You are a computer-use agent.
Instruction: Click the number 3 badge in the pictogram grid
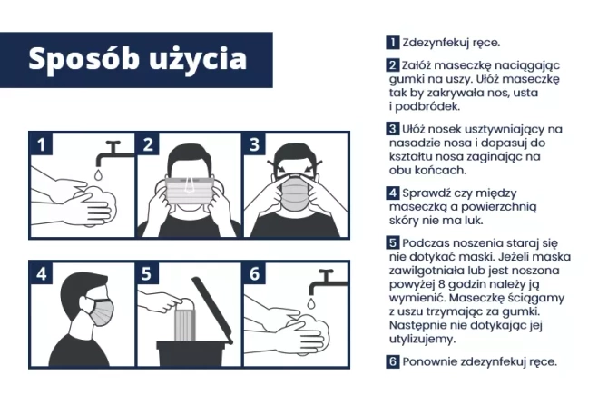coord(254,143)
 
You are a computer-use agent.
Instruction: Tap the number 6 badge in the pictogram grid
coord(254,272)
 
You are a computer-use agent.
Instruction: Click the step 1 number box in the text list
coord(392,42)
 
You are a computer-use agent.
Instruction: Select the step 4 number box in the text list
coord(392,193)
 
